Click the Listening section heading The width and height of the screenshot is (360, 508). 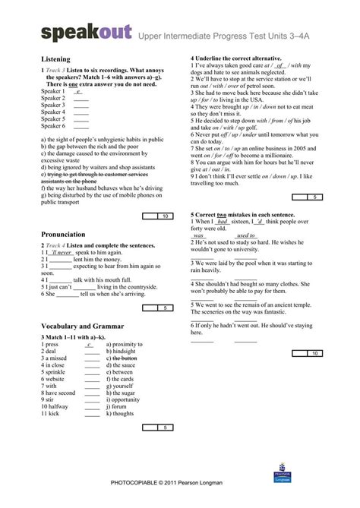point(55,58)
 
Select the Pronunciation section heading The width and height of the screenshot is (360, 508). point(63,235)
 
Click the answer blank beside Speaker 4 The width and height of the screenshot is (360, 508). point(81,112)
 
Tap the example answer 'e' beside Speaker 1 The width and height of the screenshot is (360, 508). point(79,91)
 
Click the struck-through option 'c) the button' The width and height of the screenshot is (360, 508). point(122,358)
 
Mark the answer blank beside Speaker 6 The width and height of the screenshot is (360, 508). point(81,126)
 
